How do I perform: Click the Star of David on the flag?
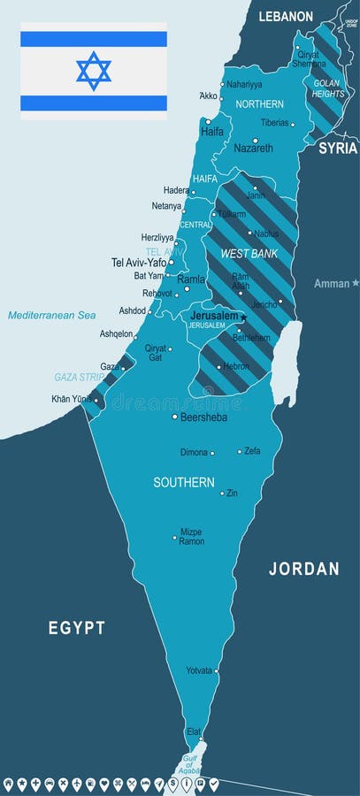93,71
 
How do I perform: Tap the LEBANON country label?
286,16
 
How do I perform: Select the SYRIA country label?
338,148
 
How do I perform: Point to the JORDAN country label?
303,569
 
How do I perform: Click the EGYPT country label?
77,628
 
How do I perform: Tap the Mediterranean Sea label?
51,315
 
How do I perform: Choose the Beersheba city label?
203,417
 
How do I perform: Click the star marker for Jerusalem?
243,318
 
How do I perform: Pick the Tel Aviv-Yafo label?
139,263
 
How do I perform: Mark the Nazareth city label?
253,149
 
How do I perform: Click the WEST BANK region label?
249,254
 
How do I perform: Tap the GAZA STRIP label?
80,377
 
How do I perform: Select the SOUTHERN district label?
184,483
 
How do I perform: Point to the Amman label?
332,284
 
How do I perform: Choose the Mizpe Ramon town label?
191,537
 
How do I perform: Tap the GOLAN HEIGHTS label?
328,88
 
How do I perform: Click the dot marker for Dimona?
212,453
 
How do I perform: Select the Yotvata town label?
199,670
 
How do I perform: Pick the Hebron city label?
236,366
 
